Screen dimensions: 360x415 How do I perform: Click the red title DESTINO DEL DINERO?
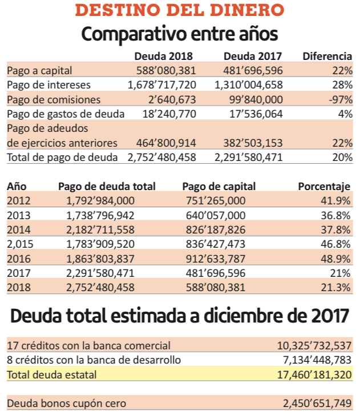pyautogui.click(x=180, y=10)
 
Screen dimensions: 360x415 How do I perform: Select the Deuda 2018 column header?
pyautogui.click(x=164, y=57)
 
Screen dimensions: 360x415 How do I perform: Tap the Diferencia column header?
pyautogui.click(x=327, y=57)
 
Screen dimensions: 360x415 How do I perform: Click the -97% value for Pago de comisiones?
pyautogui.click(x=341, y=100)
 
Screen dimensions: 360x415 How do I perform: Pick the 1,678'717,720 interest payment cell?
pyautogui.click(x=162, y=85)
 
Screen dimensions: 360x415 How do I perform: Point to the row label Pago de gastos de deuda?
pyautogui.click(x=66, y=114)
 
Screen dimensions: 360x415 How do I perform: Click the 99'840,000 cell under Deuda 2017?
pyautogui.click(x=256, y=100)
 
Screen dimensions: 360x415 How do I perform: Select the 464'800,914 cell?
pyautogui.click(x=166, y=143)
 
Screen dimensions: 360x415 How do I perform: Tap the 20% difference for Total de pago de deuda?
pyautogui.click(x=342, y=158)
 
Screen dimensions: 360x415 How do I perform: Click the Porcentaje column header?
pyautogui.click(x=324, y=187)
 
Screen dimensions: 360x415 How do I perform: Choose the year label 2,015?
pyautogui.click(x=20, y=244)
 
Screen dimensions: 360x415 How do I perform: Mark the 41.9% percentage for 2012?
pyautogui.click(x=335, y=201)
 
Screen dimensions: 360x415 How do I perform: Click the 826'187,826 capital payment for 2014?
pyautogui.click(x=216, y=229)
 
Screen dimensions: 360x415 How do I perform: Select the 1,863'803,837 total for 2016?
pyautogui.click(x=100, y=259)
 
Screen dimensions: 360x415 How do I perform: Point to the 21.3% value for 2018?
pyautogui.click(x=335, y=288)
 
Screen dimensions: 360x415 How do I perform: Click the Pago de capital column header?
pyautogui.click(x=219, y=187)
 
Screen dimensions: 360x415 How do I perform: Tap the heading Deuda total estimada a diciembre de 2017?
pyautogui.click(x=180, y=316)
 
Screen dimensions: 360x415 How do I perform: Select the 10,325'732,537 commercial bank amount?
pyautogui.click(x=314, y=346)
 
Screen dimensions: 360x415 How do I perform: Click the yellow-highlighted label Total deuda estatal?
pyautogui.click(x=51, y=375)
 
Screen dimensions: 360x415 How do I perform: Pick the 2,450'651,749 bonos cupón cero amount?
pyautogui.click(x=317, y=404)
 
